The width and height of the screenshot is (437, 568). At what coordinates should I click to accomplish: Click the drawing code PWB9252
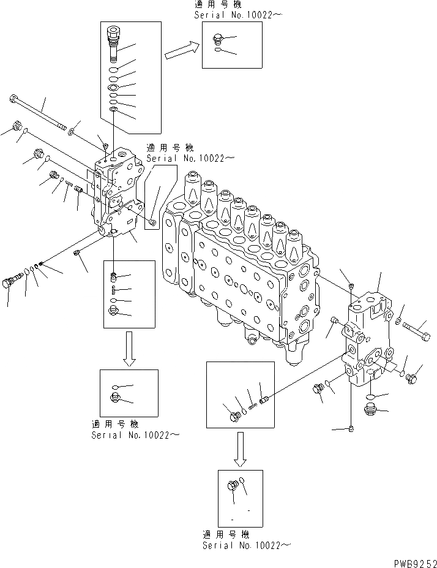411,561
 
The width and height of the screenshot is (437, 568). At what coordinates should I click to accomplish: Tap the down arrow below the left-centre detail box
129,350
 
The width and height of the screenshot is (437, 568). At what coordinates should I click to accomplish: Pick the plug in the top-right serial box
219,40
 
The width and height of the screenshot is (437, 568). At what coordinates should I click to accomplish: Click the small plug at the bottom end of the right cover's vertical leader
350,428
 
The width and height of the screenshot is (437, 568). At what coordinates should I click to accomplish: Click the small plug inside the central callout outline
152,221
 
